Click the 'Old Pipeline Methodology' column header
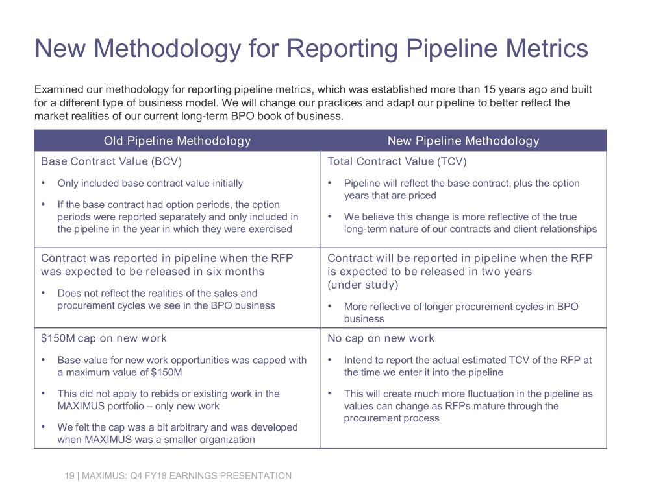click(x=177, y=141)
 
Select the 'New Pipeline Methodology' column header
click(x=464, y=141)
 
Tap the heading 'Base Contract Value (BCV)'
click(x=112, y=161)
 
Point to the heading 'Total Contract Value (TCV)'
click(x=397, y=161)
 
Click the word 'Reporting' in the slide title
click(x=342, y=49)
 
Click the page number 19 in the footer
click(x=69, y=475)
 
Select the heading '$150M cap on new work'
click(x=104, y=338)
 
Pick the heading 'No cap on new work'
click(x=381, y=338)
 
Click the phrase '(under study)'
click(x=363, y=285)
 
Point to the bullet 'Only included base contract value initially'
click(x=150, y=184)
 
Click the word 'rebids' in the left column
click(x=164, y=394)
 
